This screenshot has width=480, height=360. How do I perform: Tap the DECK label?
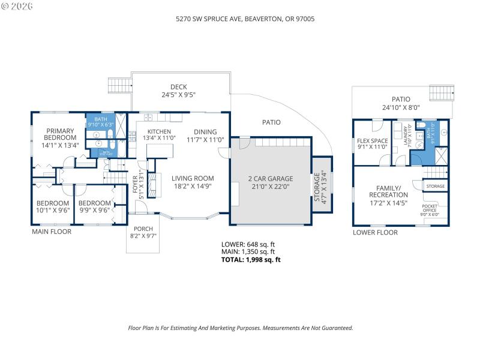(179, 87)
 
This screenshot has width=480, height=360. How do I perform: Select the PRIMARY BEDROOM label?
(60, 134)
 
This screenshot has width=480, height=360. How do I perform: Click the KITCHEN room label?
(160, 132)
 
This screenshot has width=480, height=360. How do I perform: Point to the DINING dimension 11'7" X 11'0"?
(205, 140)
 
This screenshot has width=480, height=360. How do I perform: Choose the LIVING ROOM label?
(193, 178)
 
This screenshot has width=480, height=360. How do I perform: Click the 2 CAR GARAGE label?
(271, 179)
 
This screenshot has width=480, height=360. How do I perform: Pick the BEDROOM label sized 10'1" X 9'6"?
(53, 203)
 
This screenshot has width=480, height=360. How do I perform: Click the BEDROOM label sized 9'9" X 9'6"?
(95, 203)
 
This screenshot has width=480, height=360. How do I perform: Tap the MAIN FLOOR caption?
(52, 232)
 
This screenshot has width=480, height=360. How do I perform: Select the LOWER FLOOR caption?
(375, 232)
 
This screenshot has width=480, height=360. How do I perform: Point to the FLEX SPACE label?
(369, 142)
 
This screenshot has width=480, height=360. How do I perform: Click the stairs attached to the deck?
(119, 86)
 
